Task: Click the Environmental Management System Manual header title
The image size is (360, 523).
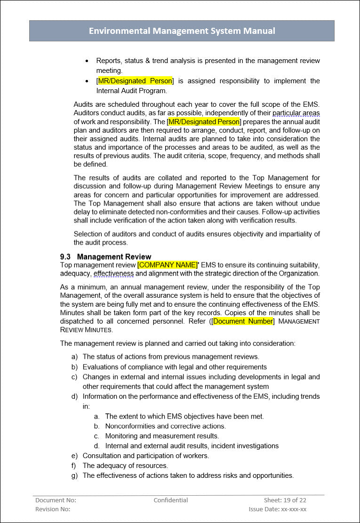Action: (x=182, y=31)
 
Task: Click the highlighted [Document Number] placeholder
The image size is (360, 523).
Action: (x=242, y=321)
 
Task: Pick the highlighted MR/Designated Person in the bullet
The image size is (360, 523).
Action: (x=135, y=81)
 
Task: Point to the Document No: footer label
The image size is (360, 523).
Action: (x=56, y=500)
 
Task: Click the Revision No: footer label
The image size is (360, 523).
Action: (x=53, y=509)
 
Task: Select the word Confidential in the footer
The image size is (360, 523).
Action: (x=171, y=500)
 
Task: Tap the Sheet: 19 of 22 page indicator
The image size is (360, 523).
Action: (x=285, y=500)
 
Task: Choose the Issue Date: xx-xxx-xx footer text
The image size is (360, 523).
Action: (x=278, y=509)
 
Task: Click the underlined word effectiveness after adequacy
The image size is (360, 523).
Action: (x=113, y=273)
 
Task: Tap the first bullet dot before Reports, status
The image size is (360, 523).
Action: (x=87, y=61)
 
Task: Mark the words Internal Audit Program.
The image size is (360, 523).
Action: (x=131, y=91)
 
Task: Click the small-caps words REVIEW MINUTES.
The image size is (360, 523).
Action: (x=87, y=330)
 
